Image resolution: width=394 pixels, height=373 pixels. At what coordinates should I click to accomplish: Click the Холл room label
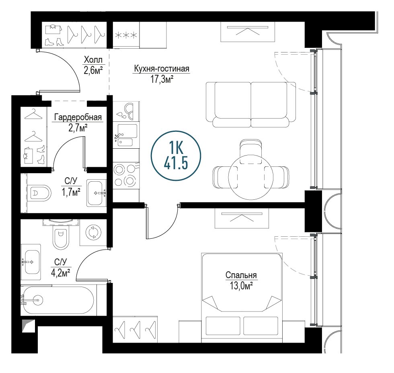93,60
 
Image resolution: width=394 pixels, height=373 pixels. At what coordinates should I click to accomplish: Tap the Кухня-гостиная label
162,69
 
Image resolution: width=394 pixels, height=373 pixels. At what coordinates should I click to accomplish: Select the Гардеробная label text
78,117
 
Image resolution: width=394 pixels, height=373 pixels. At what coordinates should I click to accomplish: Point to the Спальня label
241,275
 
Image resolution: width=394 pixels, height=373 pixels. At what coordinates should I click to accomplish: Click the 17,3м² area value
162,79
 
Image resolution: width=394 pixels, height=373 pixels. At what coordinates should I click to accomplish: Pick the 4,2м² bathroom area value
60,273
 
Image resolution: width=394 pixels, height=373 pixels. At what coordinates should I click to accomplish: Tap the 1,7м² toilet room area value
71,193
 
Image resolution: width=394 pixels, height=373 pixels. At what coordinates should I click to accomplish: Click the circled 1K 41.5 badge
176,156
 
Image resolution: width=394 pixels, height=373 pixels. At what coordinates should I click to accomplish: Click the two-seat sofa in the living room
251,105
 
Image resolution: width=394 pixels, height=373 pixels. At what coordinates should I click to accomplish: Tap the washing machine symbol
93,232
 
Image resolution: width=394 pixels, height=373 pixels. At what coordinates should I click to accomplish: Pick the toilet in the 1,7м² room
39,193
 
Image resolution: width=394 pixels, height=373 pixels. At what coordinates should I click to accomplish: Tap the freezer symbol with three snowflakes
126,35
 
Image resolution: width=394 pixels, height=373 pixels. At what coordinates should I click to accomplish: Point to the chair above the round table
251,152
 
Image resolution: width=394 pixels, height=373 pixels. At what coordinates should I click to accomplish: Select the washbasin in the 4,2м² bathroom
31,262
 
